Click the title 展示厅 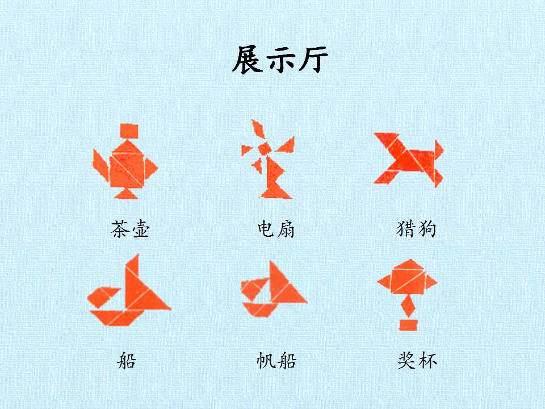280,60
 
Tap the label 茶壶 130,229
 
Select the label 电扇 276,229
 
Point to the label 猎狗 416,229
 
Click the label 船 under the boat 126,360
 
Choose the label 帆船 276,360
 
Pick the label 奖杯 417,360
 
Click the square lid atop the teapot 129,131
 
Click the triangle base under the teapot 126,194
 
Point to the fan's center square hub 265,148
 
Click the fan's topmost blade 258,129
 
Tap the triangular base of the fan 276,192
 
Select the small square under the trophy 408,325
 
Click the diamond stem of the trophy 408,306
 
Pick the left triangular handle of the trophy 385,282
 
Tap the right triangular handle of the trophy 431,282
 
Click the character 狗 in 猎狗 426,229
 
